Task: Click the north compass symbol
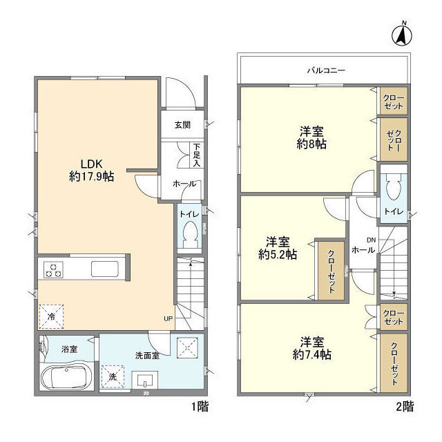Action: pyautogui.click(x=402, y=35)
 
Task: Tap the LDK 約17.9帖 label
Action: pyautogui.click(x=92, y=171)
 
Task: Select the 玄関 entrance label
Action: pyautogui.click(x=182, y=125)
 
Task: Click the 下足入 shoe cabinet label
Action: pyautogui.click(x=196, y=155)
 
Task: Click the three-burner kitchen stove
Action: pyautogui.click(x=53, y=270)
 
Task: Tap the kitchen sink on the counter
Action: pyautogui.click(x=104, y=269)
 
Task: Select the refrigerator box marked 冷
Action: pyautogui.click(x=51, y=316)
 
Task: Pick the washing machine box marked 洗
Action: pyautogui.click(x=113, y=376)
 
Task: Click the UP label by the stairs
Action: pyautogui.click(x=168, y=319)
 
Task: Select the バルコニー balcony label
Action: pyautogui.click(x=326, y=70)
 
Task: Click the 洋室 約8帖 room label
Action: pyautogui.click(x=311, y=138)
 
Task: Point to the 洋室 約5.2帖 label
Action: pyautogui.click(x=278, y=249)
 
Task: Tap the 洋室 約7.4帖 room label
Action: pyautogui.click(x=311, y=348)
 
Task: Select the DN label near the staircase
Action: pyautogui.click(x=372, y=240)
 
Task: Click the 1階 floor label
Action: pyautogui.click(x=200, y=407)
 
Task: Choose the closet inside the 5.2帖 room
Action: pyautogui.click(x=331, y=271)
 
